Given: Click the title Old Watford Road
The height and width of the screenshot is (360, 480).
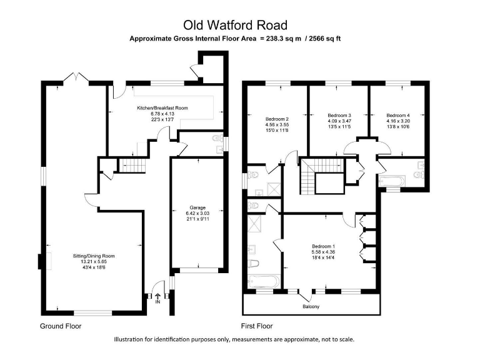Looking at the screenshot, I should click(x=235, y=25).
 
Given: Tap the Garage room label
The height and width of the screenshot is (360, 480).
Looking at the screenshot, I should click(x=197, y=207).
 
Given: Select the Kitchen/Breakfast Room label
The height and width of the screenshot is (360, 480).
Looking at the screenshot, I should click(x=162, y=108).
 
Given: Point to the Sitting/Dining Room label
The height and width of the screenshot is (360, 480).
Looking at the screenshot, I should click(x=93, y=256).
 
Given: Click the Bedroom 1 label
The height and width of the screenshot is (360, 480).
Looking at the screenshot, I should click(x=324, y=246).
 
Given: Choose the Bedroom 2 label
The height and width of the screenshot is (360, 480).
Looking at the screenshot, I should click(x=277, y=119).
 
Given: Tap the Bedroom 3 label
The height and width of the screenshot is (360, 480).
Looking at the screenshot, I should click(x=339, y=116).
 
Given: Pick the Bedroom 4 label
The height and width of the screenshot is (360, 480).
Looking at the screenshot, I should click(x=398, y=116).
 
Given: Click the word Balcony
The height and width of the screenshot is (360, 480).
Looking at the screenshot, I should click(x=311, y=306).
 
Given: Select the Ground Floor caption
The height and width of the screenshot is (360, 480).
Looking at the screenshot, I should click(x=61, y=326).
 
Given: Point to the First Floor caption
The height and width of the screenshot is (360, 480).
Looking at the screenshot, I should click(x=257, y=326).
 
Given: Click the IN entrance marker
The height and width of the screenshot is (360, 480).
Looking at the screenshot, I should click(x=157, y=301).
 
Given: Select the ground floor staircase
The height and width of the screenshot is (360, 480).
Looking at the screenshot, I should click(x=132, y=165).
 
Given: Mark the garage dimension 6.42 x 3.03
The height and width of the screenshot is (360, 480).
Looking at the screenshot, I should click(x=197, y=213).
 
